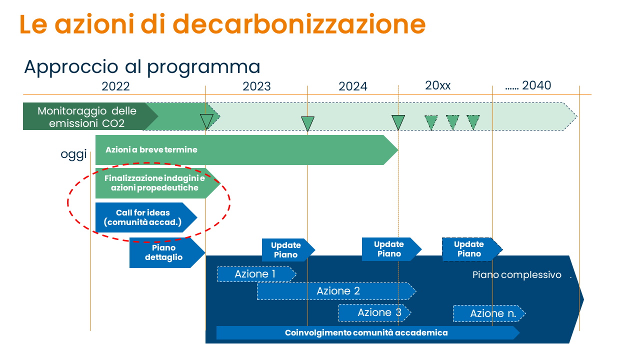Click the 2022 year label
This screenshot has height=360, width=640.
(x=115, y=86)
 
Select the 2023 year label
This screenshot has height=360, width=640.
(x=256, y=86)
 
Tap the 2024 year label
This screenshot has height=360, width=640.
(x=353, y=86)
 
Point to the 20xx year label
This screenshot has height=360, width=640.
(x=437, y=85)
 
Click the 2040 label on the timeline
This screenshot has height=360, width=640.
(x=536, y=85)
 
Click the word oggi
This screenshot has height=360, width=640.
(x=73, y=154)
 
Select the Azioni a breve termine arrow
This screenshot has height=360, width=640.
(x=246, y=150)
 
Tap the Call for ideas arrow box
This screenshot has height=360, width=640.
(x=146, y=217)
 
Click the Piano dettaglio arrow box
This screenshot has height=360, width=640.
(x=167, y=252)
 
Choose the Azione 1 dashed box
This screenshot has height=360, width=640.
(x=256, y=274)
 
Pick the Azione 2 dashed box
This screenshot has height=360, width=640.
(x=336, y=291)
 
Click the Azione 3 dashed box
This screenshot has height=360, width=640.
(x=374, y=313)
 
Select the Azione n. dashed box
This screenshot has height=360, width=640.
(x=489, y=313)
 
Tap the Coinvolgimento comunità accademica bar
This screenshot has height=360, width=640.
(x=368, y=333)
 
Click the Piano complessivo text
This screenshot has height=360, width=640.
(x=516, y=275)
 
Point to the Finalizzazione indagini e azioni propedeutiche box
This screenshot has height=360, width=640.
(x=157, y=183)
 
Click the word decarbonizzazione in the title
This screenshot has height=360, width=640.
(x=299, y=24)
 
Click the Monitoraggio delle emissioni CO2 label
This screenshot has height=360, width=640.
(x=87, y=117)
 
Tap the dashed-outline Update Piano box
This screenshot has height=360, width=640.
(x=472, y=249)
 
